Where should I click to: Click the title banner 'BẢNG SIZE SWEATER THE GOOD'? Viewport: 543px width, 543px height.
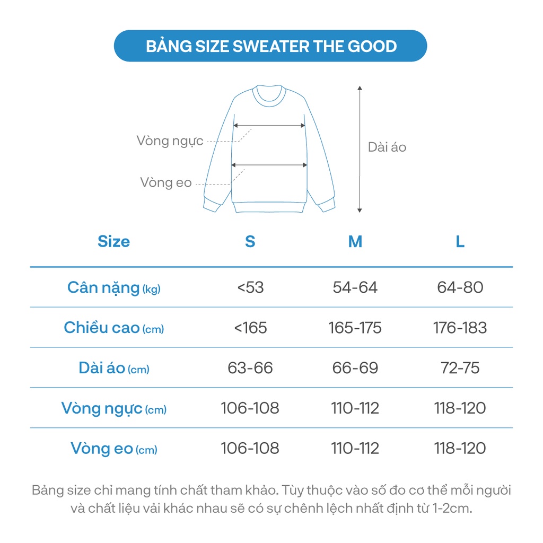click(x=271, y=46)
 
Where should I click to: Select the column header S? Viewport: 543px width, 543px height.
click(x=250, y=242)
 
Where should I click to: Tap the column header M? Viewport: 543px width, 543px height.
click(x=355, y=242)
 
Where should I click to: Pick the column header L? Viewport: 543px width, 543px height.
click(x=460, y=242)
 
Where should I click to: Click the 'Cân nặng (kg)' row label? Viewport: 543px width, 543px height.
click(x=113, y=287)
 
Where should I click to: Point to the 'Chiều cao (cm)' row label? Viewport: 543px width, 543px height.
click(x=113, y=328)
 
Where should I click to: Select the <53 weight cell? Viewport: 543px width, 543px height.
click(x=250, y=287)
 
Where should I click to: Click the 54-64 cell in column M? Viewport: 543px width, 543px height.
click(x=355, y=287)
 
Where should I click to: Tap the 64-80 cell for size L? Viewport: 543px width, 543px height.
click(x=460, y=287)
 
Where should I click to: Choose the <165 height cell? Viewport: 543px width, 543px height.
click(x=250, y=328)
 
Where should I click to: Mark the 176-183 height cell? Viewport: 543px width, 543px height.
click(x=460, y=328)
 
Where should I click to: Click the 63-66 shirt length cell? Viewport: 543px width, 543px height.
click(x=250, y=368)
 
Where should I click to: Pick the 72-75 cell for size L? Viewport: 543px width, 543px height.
click(x=460, y=368)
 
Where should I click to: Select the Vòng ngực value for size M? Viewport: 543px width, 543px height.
click(x=355, y=408)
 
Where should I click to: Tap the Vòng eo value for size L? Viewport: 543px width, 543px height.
click(x=460, y=449)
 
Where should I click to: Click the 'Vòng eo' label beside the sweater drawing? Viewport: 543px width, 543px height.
click(x=166, y=183)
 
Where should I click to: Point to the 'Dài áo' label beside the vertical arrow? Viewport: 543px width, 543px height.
click(x=387, y=147)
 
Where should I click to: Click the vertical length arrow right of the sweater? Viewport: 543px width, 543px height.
click(x=360, y=149)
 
